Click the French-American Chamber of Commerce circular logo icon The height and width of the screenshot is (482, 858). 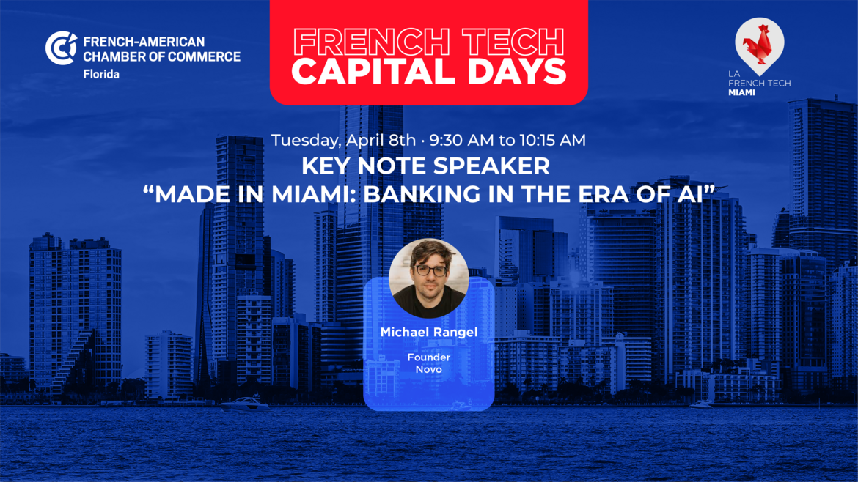pyautogui.click(x=62, y=48)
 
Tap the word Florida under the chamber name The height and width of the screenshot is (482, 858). pyautogui.click(x=101, y=74)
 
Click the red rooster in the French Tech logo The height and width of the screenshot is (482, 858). pyautogui.click(x=759, y=45)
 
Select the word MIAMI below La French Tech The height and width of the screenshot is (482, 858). pyautogui.click(x=742, y=93)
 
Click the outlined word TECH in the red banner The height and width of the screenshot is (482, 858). pyautogui.click(x=513, y=42)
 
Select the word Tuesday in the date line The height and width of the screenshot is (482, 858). pyautogui.click(x=305, y=141)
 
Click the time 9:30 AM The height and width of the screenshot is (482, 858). pyautogui.click(x=461, y=140)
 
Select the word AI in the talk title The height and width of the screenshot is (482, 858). pyautogui.click(x=689, y=195)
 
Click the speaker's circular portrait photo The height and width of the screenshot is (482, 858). pyautogui.click(x=428, y=278)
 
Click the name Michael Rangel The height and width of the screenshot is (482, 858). pyautogui.click(x=429, y=333)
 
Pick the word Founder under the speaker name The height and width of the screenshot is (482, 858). pyautogui.click(x=429, y=357)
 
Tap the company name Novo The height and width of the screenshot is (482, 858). pyautogui.click(x=428, y=369)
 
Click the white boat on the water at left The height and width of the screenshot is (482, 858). pyautogui.click(x=244, y=404)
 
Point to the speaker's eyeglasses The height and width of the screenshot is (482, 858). pyautogui.click(x=430, y=270)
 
